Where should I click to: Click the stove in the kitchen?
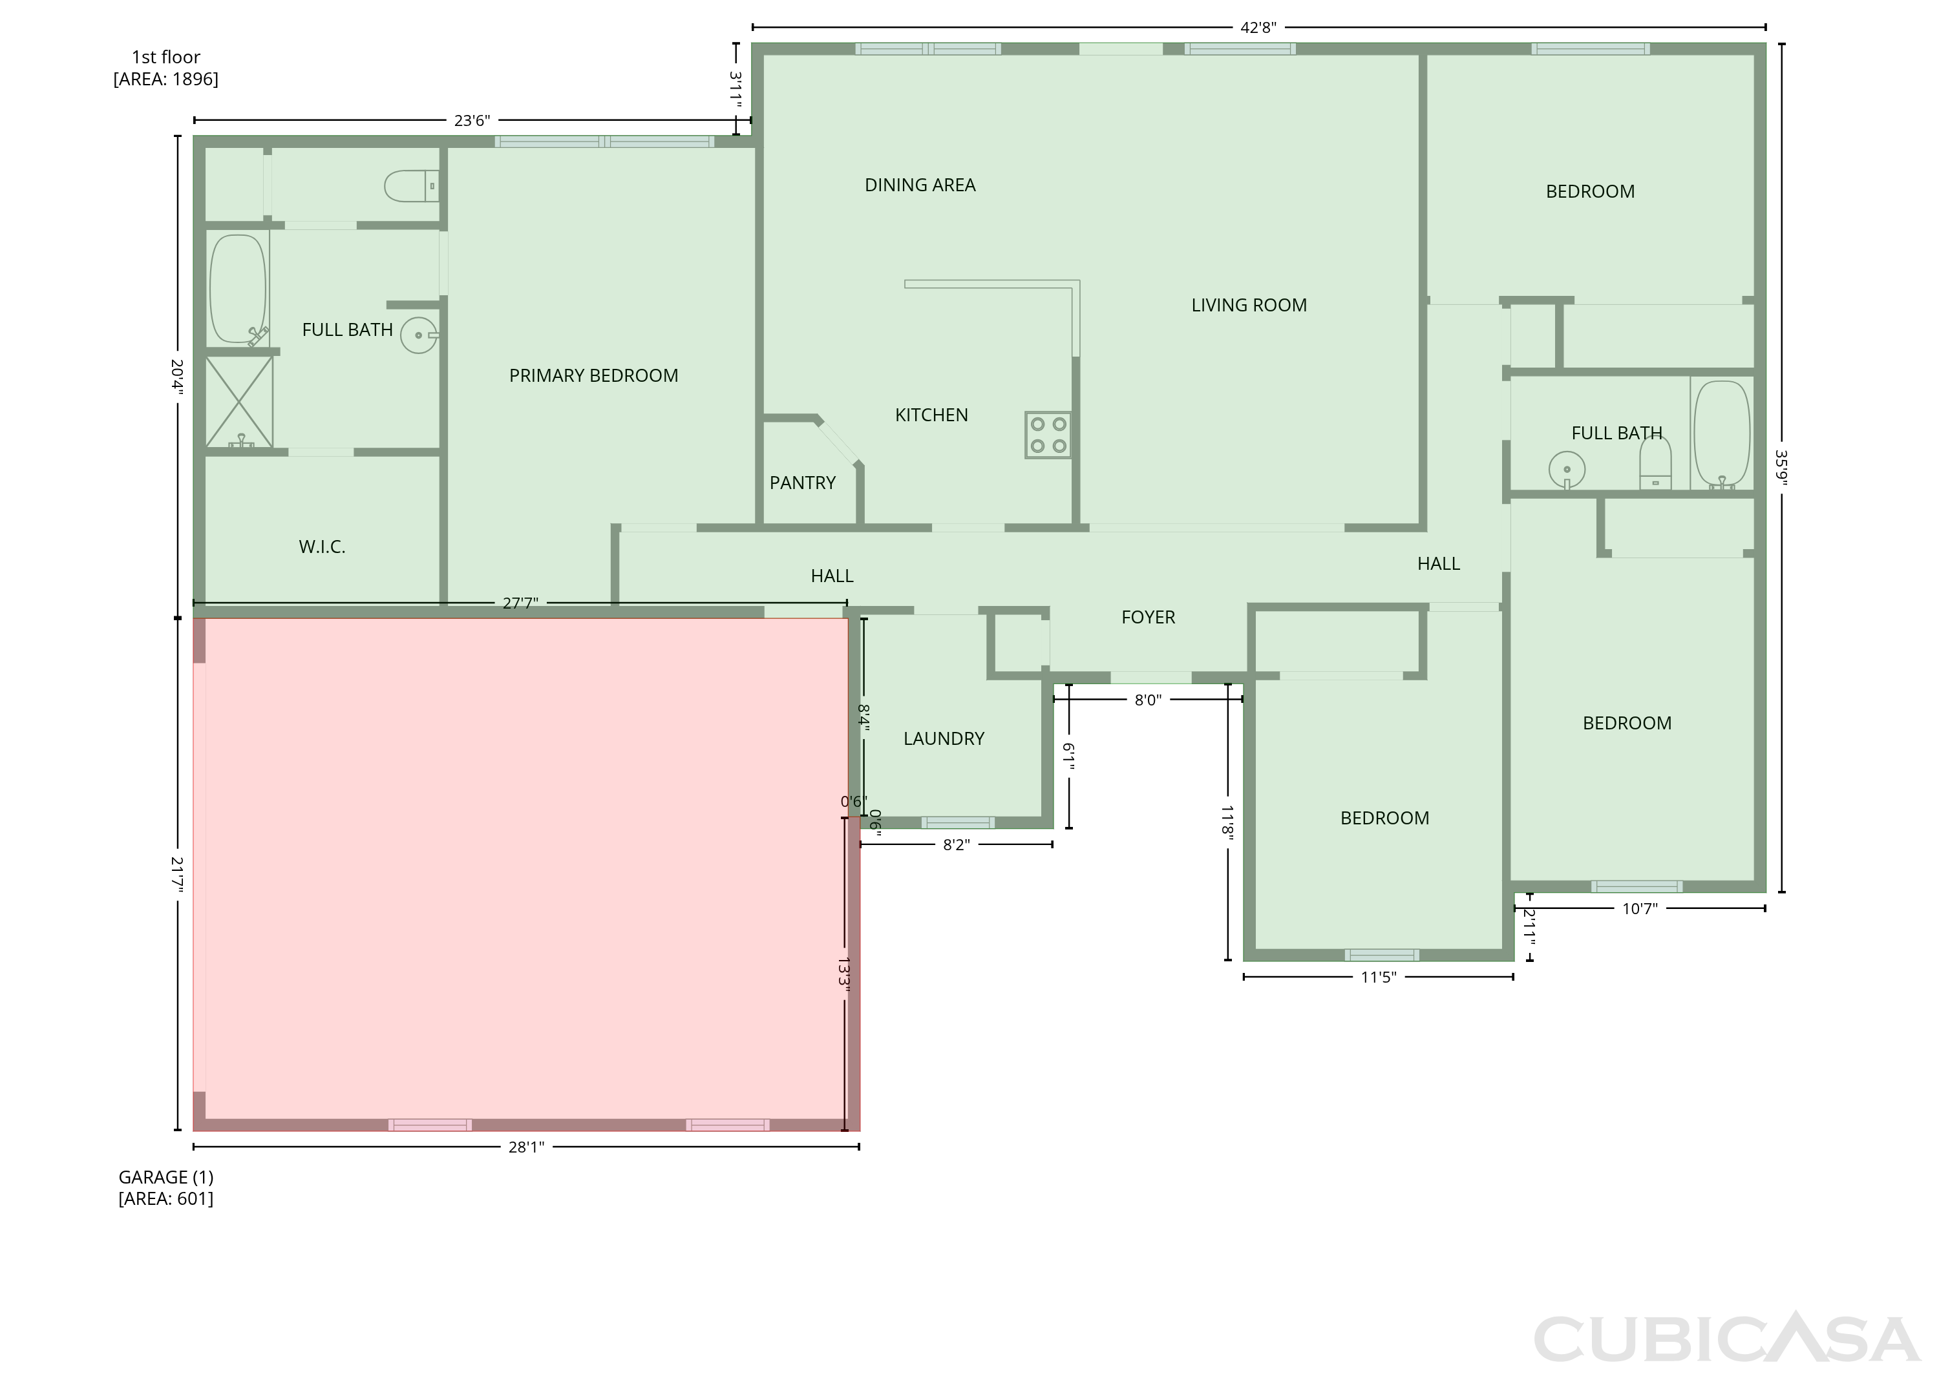pos(1048,435)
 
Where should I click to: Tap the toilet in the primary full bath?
pos(412,186)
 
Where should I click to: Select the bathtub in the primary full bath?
pos(238,289)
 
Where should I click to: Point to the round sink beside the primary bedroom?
pos(419,335)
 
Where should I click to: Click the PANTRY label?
pos(802,483)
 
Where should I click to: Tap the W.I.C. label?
pos(322,547)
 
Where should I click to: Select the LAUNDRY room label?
pos(943,739)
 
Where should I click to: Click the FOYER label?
pos(1148,618)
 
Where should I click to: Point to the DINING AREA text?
pos(920,185)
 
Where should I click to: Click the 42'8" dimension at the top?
pos(1258,27)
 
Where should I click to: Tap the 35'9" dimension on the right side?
pos(1781,468)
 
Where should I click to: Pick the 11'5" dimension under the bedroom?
pos(1378,977)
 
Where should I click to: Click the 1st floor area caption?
pos(165,68)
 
